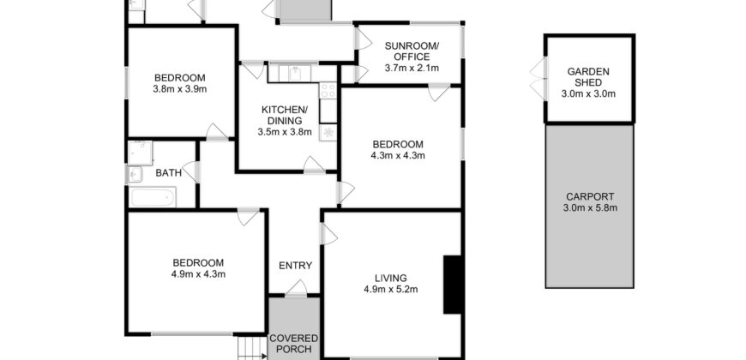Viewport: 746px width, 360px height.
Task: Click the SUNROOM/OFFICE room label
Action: pos(412,51)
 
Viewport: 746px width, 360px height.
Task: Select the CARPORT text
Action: pos(590,195)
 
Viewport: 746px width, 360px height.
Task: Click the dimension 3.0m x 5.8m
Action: pos(590,207)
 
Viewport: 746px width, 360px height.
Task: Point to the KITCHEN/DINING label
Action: pos(284,115)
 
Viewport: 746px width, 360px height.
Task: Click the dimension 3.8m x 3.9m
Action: pos(181,87)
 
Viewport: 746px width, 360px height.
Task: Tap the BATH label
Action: pos(168,173)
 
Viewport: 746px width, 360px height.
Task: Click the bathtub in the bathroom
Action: pos(152,199)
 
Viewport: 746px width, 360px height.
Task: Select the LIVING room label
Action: pos(390,277)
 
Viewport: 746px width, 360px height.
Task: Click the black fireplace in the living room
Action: pos(453,284)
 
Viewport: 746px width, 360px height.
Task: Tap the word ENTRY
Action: pos(295,266)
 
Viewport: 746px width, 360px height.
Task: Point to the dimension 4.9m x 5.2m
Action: pos(390,289)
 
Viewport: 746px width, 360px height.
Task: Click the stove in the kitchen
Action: pos(327,90)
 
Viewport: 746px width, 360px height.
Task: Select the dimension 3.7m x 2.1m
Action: pos(412,68)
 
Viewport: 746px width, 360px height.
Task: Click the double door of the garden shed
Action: pos(537,76)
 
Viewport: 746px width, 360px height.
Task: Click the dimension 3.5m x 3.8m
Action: pos(284,132)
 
